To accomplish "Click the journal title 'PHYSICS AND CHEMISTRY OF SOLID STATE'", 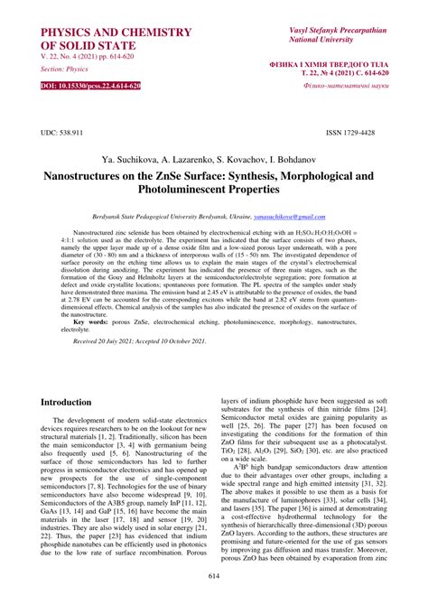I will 116,38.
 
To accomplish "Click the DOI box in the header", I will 90,86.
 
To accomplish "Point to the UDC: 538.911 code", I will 61,131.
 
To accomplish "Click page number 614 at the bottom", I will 214,575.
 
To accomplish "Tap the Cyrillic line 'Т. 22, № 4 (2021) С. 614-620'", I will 352,74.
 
